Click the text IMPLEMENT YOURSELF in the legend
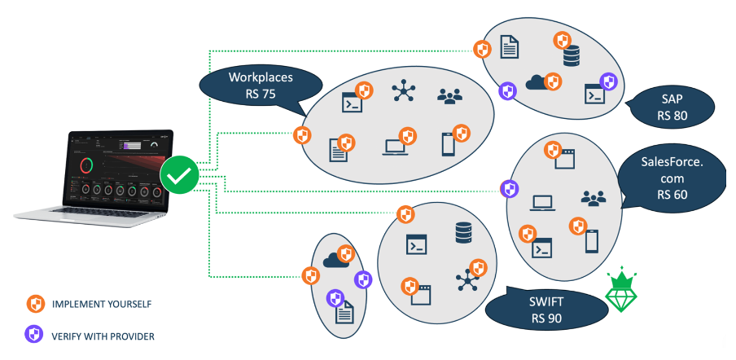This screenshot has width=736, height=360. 102,305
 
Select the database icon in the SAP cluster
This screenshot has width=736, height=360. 572,56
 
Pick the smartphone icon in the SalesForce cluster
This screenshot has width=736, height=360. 593,241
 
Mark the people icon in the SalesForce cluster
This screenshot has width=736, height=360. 593,198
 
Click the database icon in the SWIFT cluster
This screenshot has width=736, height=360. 464,235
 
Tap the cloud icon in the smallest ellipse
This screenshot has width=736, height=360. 335,260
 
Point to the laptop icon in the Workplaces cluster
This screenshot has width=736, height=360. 395,147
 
